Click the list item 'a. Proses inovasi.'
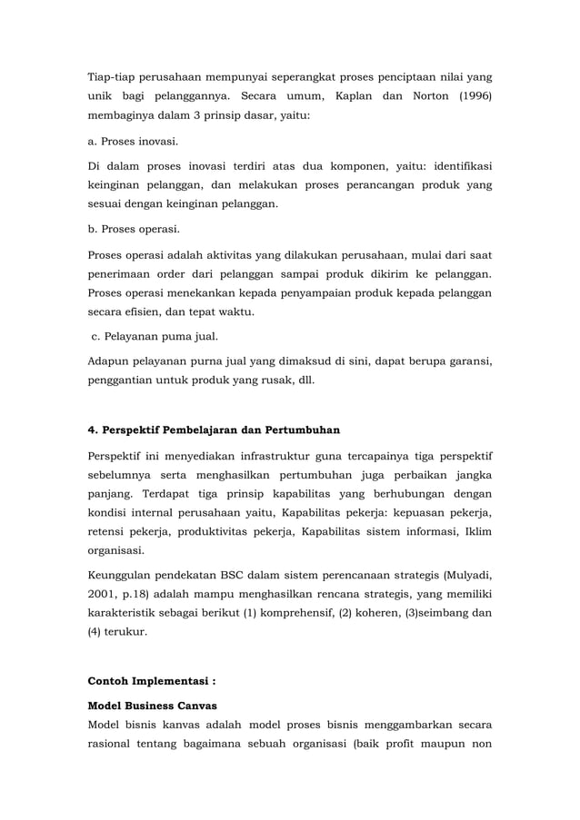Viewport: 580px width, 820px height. pos(133,142)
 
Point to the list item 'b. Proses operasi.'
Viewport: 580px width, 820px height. pos(134,228)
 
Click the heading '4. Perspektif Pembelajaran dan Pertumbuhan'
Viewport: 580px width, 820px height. pos(214,429)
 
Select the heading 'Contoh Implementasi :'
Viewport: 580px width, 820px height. pos(151,679)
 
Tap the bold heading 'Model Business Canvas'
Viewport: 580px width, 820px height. pos(153,704)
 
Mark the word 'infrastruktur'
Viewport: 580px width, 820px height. pos(271,454)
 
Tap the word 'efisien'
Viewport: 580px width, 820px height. pos(146,313)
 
